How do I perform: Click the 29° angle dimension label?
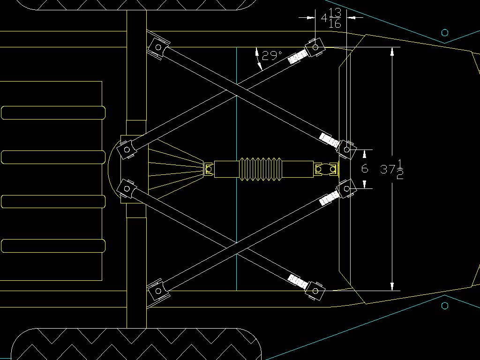point(271,56)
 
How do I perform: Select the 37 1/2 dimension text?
point(392,169)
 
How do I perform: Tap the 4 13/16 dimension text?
point(330,18)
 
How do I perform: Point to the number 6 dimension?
point(365,169)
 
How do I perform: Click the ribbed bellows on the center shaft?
point(260,169)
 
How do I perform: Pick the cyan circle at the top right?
point(445,32)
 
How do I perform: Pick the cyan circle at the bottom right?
point(445,306)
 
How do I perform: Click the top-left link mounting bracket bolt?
point(158,47)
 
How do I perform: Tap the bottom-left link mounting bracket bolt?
point(158,291)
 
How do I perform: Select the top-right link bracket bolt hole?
point(315,47)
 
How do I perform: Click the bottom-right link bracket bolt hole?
point(315,291)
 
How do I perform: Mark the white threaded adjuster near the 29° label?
point(297,57)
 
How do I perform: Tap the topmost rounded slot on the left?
point(53,113)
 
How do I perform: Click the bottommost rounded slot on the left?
point(53,246)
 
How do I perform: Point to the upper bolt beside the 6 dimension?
point(346,150)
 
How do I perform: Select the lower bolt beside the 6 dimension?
point(346,188)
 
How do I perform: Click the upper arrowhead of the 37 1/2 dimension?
point(392,51)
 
